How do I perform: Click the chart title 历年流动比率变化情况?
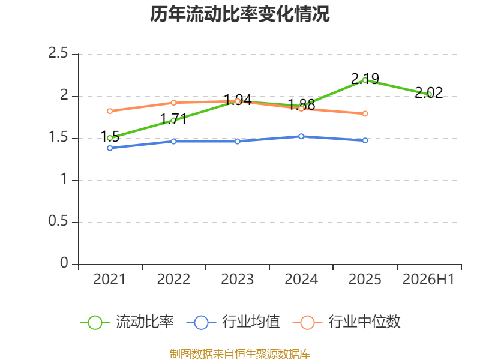pyautogui.click(x=239, y=14)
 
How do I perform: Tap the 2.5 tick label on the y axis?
pyautogui.click(x=58, y=53)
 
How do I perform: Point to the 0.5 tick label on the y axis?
pyautogui.click(x=58, y=221)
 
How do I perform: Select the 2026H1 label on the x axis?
pyautogui.click(x=428, y=279)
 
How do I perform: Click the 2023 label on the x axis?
pyautogui.click(x=237, y=279)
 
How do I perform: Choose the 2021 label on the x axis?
pyautogui.click(x=109, y=279)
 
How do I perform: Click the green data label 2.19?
pyautogui.click(x=365, y=79)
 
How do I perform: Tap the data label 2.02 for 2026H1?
pyautogui.click(x=428, y=92)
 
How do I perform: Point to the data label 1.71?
pyautogui.click(x=173, y=119)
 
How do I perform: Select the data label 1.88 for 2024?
pyautogui.click(x=301, y=104)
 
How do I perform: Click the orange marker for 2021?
pyautogui.click(x=110, y=111)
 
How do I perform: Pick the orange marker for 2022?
pyautogui.click(x=173, y=103)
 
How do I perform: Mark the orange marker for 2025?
pyautogui.click(x=365, y=113)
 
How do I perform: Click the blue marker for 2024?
pyautogui.click(x=301, y=136)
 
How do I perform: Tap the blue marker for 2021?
pyautogui.click(x=110, y=148)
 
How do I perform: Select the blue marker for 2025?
pyautogui.click(x=365, y=140)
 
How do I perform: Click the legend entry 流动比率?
pyautogui.click(x=127, y=322)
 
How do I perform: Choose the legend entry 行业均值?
pyautogui.click(x=233, y=322)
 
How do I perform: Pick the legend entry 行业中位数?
pyautogui.click(x=347, y=322)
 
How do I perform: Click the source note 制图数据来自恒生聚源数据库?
pyautogui.click(x=240, y=354)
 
